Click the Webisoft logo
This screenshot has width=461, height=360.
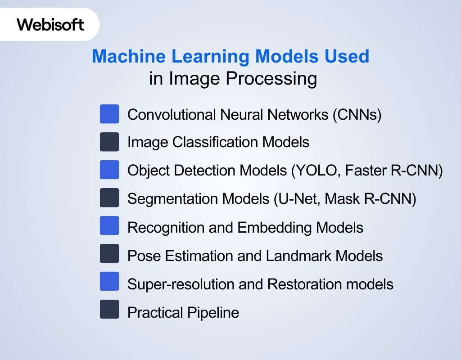50,24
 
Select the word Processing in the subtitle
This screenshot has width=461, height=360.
271,79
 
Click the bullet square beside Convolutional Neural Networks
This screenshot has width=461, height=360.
109,114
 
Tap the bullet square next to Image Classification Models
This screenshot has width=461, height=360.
109,142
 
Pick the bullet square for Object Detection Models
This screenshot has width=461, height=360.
109,170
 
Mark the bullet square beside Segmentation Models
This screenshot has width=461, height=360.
109,198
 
